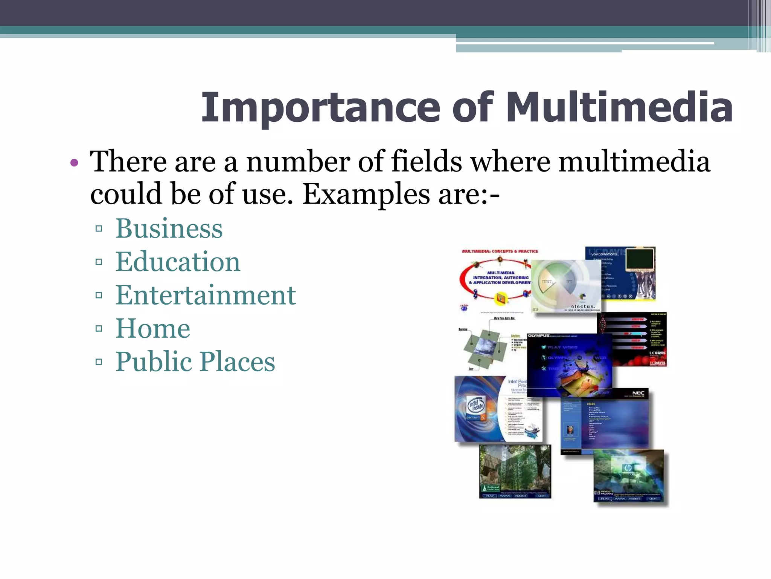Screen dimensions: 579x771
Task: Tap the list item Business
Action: point(169,228)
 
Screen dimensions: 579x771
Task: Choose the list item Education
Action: point(178,262)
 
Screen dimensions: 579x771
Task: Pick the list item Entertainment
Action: point(206,295)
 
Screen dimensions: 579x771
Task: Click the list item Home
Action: point(153,328)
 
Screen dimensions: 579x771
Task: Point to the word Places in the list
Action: point(238,361)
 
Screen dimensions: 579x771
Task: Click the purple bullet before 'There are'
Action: point(74,163)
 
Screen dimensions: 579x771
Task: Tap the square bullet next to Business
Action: point(99,228)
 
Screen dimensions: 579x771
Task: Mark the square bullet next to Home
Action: point(99,328)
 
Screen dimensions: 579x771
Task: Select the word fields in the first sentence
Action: point(427,162)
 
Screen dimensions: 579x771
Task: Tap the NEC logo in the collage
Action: point(638,393)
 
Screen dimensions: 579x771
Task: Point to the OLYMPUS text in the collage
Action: point(538,335)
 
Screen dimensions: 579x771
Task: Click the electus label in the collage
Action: point(583,306)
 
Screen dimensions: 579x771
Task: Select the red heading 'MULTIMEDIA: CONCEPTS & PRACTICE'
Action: point(500,251)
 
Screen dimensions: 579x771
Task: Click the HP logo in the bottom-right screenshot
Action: point(628,468)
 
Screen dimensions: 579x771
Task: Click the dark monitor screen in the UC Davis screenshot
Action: point(640,259)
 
